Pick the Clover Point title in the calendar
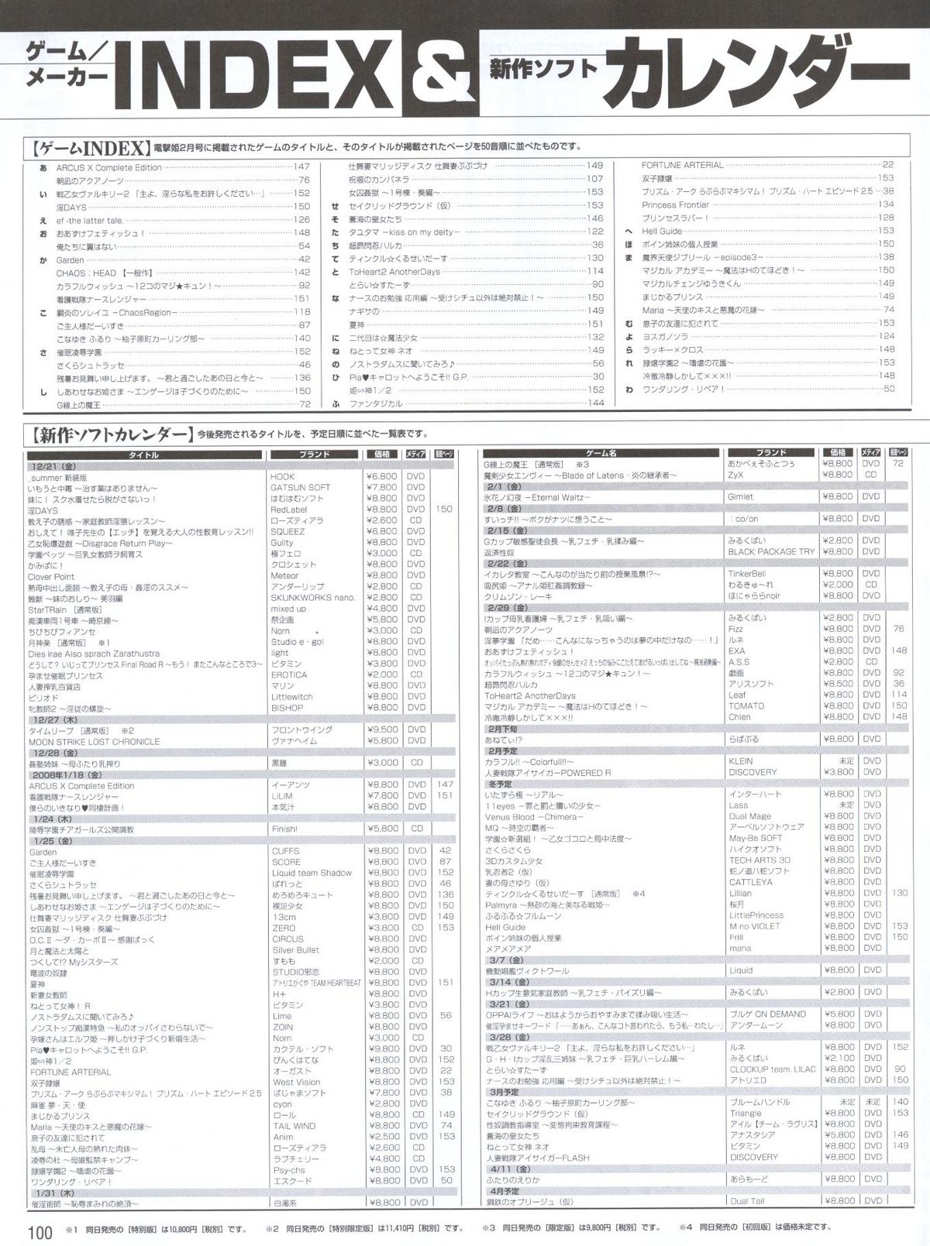(x=50, y=576)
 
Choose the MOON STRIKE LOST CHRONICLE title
(x=94, y=741)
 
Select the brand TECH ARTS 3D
(x=759, y=860)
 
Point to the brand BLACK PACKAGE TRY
(x=772, y=551)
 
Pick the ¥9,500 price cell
(x=382, y=730)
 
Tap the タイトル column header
(x=141, y=455)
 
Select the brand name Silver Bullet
(x=295, y=949)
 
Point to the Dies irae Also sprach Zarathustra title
(x=93, y=653)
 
